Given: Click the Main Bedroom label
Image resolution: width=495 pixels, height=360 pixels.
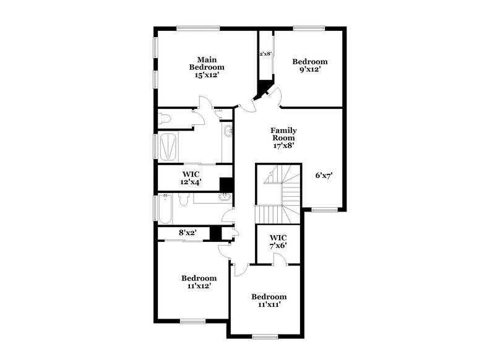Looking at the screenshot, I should (207, 63).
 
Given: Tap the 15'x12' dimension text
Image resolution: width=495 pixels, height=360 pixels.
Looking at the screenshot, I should (207, 74).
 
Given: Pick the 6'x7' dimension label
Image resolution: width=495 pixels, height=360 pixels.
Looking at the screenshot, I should (324, 175).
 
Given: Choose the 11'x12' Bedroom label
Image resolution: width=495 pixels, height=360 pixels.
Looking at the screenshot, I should (199, 282).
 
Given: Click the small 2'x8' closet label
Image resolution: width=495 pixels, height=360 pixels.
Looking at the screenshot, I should (265, 54).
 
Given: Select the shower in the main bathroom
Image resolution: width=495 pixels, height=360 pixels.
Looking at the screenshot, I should (168, 148).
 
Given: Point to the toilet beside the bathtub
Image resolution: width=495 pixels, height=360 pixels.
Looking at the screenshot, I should (183, 200).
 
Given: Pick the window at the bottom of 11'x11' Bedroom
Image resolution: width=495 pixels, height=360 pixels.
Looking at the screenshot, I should (265, 337).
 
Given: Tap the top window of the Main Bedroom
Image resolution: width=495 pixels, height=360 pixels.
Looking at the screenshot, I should (198, 27).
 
